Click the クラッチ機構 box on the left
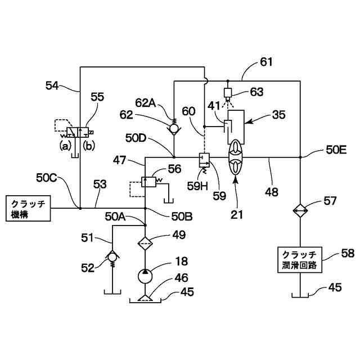[28, 208]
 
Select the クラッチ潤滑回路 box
[300, 260]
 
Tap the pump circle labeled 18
[145, 276]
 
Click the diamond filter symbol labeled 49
[145, 243]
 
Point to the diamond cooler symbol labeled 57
[300, 210]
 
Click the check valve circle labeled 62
[174, 129]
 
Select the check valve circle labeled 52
[112, 257]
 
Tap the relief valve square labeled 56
[148, 181]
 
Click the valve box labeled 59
[204, 160]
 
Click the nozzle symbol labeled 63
[228, 93]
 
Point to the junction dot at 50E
[300, 157]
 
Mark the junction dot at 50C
[80, 208]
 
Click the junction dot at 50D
[174, 157]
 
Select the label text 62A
[146, 103]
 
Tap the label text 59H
[197, 186]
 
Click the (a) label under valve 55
[65, 146]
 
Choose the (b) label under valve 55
[89, 146]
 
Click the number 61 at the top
[266, 62]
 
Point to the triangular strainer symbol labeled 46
[145, 298]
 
